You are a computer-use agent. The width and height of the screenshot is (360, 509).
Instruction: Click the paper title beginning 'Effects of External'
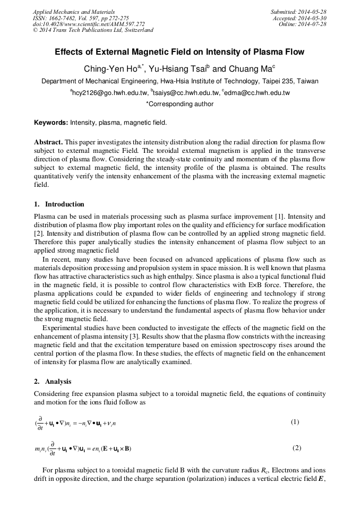tap(179, 53)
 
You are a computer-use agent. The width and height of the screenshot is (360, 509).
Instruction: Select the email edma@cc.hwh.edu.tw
tap(257, 93)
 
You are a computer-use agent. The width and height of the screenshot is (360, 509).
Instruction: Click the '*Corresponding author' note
tap(179, 104)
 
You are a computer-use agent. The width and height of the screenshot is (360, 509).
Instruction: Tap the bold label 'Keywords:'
tap(51, 123)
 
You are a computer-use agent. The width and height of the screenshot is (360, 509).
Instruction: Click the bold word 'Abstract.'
tap(48, 143)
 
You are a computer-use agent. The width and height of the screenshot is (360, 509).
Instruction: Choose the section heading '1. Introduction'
tap(59, 204)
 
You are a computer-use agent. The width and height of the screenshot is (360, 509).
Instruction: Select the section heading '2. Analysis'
tap(53, 382)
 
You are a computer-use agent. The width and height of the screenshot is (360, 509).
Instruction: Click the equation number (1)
tap(295, 422)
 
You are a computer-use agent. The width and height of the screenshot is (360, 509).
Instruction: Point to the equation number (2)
tap(297, 447)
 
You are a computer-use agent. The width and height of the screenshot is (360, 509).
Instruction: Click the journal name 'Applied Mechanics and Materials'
tap(73, 12)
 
